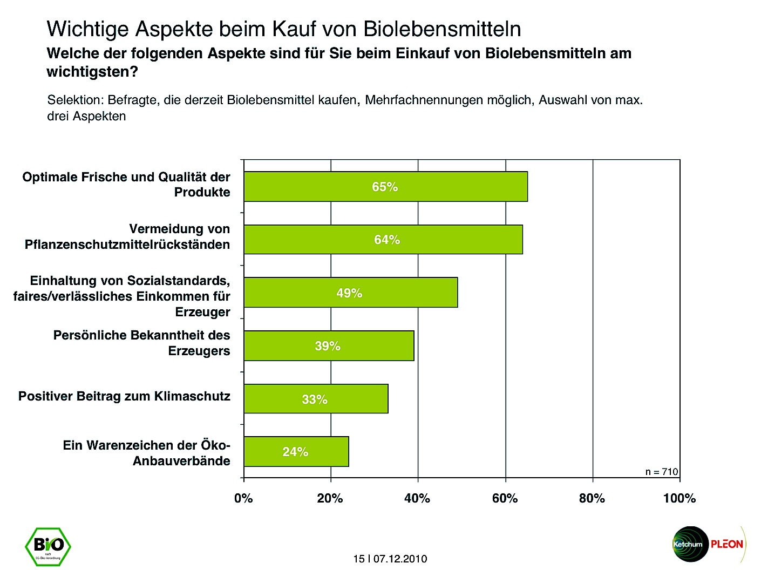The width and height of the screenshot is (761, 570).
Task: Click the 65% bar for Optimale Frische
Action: (x=385, y=187)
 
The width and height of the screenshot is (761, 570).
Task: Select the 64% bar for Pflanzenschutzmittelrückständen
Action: (x=383, y=240)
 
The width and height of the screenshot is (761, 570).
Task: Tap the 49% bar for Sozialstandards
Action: (x=351, y=293)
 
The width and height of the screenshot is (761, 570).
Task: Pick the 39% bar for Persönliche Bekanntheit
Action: (x=329, y=346)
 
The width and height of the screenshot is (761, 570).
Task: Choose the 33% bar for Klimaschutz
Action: (x=316, y=399)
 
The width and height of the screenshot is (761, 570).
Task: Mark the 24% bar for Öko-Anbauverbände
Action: (x=296, y=452)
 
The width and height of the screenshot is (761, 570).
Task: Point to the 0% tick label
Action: (x=243, y=498)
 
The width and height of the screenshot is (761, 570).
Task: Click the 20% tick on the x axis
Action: (x=330, y=498)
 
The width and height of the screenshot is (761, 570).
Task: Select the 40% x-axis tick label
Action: (x=417, y=498)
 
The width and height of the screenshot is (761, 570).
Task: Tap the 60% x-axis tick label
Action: (x=505, y=498)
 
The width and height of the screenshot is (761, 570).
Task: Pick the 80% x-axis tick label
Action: (x=592, y=498)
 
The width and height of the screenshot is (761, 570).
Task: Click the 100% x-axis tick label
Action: (x=679, y=498)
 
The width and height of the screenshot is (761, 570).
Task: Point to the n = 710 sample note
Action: (x=662, y=472)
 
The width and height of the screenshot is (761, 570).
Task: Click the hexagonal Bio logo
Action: (x=48, y=546)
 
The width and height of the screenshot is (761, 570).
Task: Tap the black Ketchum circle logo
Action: (x=689, y=544)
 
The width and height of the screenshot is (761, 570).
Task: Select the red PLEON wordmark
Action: (x=726, y=544)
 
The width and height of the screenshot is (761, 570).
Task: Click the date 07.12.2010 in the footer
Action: (x=400, y=559)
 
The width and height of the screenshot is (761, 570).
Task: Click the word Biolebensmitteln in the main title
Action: (x=443, y=29)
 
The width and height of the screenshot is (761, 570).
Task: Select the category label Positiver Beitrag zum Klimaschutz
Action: (x=124, y=396)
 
